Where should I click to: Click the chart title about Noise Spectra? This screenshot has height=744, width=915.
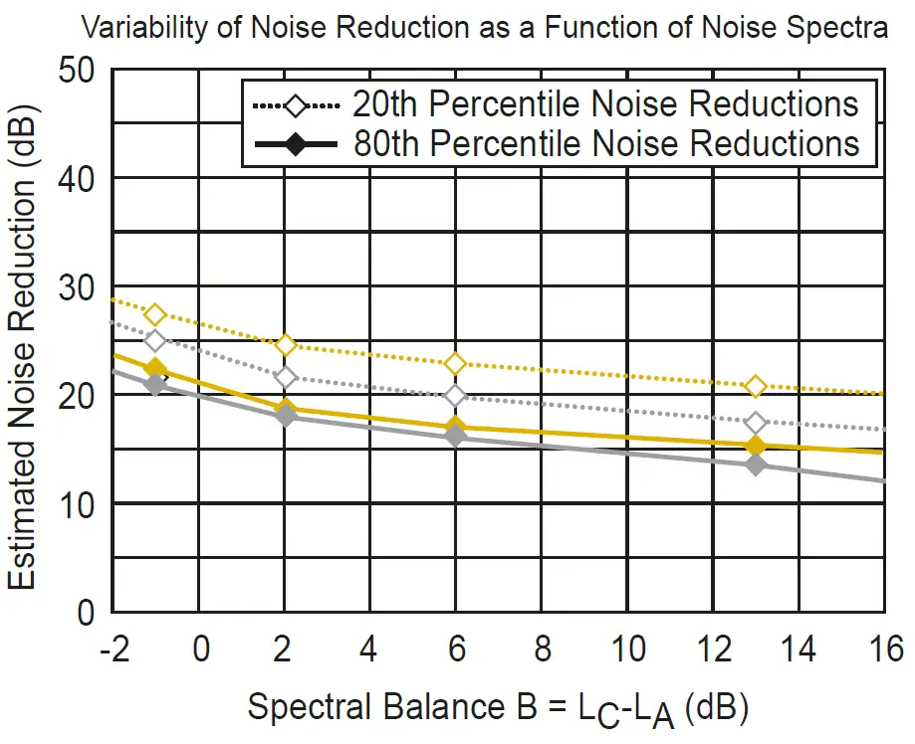[484, 28]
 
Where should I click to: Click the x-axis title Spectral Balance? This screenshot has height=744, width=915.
[498, 708]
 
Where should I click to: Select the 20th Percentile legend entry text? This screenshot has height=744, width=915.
[605, 103]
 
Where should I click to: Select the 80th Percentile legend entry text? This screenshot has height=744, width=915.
[605, 143]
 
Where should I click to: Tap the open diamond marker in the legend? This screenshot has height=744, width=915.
[298, 104]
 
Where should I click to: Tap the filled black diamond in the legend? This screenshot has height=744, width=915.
[298, 145]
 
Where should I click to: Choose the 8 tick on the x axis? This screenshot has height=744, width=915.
[543, 651]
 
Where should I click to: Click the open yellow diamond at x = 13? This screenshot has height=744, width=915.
[756, 386]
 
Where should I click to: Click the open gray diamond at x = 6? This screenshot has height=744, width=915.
[455, 396]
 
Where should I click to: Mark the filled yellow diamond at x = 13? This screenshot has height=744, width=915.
[756, 446]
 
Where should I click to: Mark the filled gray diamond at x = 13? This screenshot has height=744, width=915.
[756, 464]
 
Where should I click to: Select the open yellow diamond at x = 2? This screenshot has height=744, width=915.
[286, 345]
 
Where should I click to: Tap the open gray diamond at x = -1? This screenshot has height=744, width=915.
[155, 340]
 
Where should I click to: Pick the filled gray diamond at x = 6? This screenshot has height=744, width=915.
[455, 436]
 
